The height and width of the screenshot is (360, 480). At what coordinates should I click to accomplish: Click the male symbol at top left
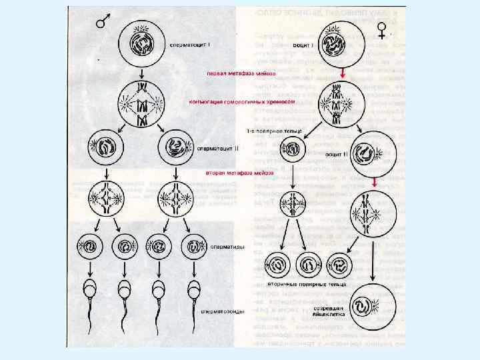click(103, 21)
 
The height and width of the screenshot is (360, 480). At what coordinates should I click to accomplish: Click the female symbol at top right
click(382, 29)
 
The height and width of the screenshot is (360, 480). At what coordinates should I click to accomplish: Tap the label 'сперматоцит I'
click(191, 45)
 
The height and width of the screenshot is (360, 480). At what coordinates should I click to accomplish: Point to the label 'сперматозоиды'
click(223, 311)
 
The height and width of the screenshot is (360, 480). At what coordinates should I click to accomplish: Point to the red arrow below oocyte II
click(375, 181)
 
